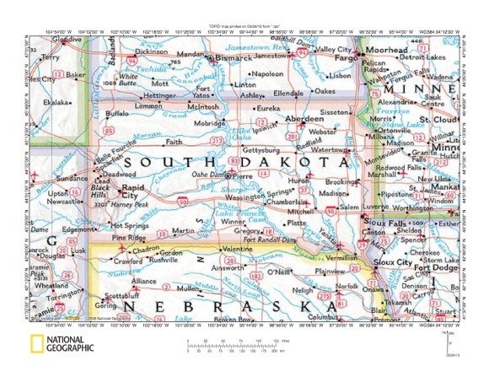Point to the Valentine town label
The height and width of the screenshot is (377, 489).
pos(235,250)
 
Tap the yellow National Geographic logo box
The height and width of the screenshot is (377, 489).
pos(38,342)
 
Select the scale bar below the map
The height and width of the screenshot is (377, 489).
pos(244,343)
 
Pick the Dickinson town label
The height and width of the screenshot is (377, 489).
pos(151,51)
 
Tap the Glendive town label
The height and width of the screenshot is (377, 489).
pos(67,40)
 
